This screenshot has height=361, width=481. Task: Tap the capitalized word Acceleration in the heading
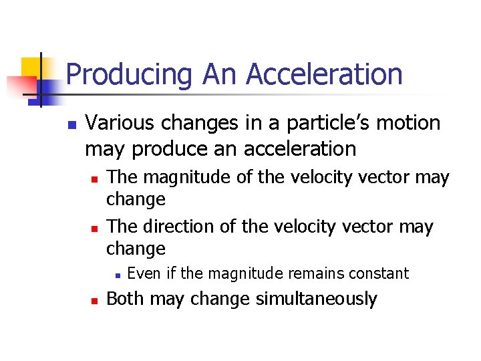pos(324,74)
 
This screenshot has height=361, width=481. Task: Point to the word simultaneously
pos(317,299)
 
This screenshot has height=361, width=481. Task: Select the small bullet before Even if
pos(116,275)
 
